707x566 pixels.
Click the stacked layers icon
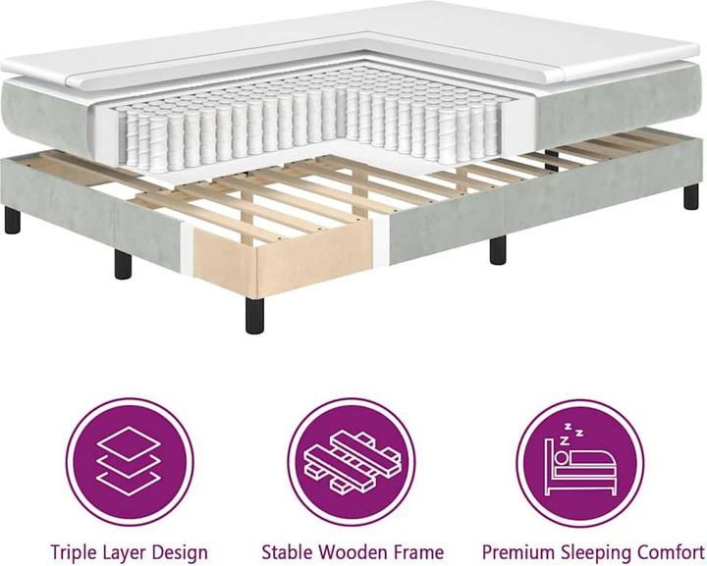[x=130, y=461]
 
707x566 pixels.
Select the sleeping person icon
[x=579, y=461]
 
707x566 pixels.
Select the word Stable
[x=287, y=551]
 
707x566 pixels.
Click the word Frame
[x=417, y=551]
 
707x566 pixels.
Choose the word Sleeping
[x=594, y=551]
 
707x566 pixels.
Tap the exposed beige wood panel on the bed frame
[x=225, y=253]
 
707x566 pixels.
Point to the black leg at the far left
[x=12, y=220]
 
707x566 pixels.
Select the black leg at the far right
[x=691, y=196]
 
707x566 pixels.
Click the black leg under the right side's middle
[x=497, y=248]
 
